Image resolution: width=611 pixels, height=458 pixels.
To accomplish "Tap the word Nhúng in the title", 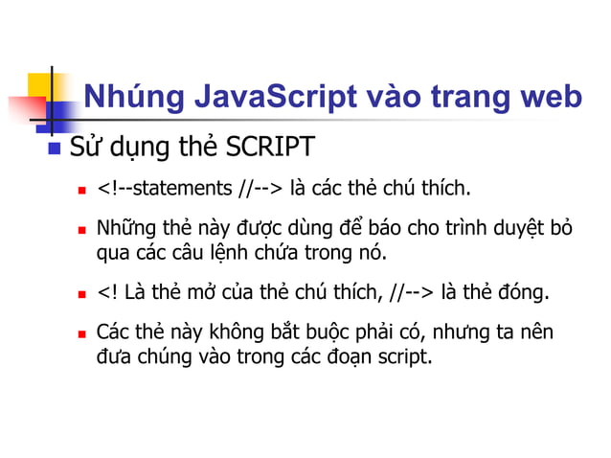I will pos(128,98).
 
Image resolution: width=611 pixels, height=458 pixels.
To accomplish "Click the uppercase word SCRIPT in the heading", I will pos(270,149).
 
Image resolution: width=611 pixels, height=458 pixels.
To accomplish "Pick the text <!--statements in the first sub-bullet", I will pos(160,186).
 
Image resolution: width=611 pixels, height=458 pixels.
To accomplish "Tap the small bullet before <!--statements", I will pos(82,188).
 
